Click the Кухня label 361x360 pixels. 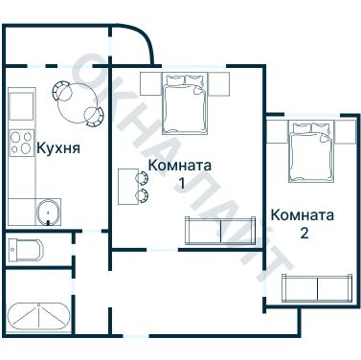click(57, 148)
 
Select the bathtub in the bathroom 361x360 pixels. click(38, 315)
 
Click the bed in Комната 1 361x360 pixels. click(183, 101)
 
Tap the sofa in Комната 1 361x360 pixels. click(221, 231)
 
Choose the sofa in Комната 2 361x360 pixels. click(316, 288)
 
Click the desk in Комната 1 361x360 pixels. click(126, 186)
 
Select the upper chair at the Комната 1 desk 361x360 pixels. click(143, 177)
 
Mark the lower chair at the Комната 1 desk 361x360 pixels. click(143, 195)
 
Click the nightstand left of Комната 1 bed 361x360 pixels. click(150, 82)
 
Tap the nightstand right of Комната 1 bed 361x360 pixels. click(218, 82)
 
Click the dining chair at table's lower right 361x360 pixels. click(94, 117)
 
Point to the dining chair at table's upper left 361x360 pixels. click(59, 92)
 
